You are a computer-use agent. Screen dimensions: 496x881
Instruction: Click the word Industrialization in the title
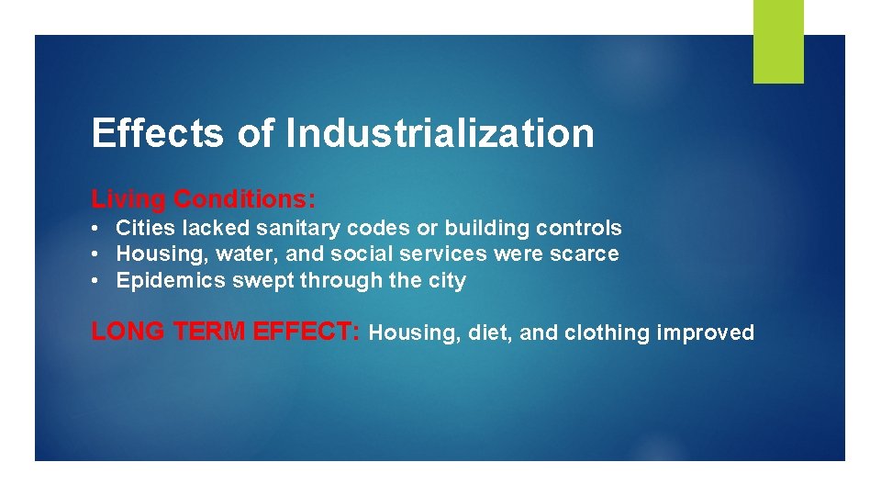tap(440, 133)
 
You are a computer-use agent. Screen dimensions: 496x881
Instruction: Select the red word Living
tap(128, 198)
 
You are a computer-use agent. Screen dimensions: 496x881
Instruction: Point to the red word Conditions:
tap(245, 198)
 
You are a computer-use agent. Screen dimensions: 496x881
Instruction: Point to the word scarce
tap(585, 254)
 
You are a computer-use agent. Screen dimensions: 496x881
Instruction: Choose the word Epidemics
tap(171, 281)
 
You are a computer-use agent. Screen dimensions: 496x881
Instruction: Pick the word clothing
tap(607, 333)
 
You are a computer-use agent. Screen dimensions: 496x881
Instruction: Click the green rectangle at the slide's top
tap(778, 41)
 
